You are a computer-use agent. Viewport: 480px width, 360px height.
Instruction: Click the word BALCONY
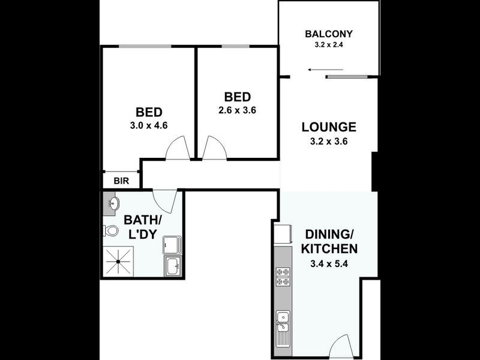click(328, 34)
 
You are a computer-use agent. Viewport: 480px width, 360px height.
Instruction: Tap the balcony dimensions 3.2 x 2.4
click(328, 44)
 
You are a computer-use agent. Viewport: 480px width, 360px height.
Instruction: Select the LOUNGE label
click(329, 127)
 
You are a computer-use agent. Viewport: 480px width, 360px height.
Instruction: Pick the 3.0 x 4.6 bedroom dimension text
click(149, 127)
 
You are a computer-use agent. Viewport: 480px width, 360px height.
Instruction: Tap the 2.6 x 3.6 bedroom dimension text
click(237, 110)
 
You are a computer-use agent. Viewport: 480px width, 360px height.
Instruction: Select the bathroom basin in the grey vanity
click(112, 204)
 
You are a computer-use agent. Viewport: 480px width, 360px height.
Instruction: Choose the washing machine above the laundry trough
click(172, 243)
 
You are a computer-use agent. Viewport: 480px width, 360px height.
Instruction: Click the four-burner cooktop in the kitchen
click(282, 277)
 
